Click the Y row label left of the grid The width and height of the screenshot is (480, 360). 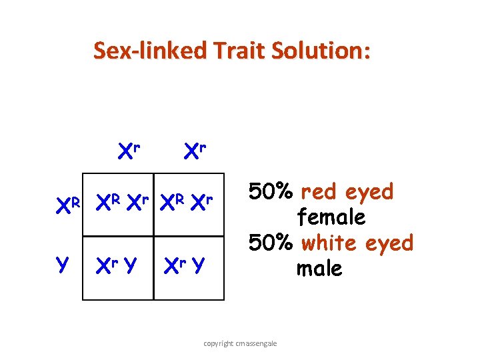point(63,265)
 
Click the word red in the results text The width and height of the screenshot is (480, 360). point(323,191)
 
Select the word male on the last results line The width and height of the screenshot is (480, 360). point(319,269)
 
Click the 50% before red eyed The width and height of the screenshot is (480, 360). point(272,191)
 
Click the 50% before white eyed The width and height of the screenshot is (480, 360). point(272,243)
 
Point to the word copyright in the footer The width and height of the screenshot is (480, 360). point(218,343)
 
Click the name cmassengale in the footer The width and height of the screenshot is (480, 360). point(257,343)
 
